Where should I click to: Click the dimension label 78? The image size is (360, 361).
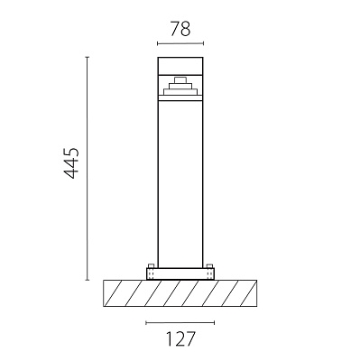180,29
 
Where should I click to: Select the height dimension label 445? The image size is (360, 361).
72,163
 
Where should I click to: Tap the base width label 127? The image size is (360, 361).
180,338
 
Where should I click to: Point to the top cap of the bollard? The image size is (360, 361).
180,66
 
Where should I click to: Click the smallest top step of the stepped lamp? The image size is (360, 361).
180,80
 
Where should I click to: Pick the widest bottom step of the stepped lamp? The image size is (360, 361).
180,92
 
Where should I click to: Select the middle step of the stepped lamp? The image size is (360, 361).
180,86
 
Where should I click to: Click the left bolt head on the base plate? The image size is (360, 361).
152,266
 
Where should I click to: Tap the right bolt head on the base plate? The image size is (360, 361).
209,266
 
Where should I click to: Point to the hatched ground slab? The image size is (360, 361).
180,293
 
